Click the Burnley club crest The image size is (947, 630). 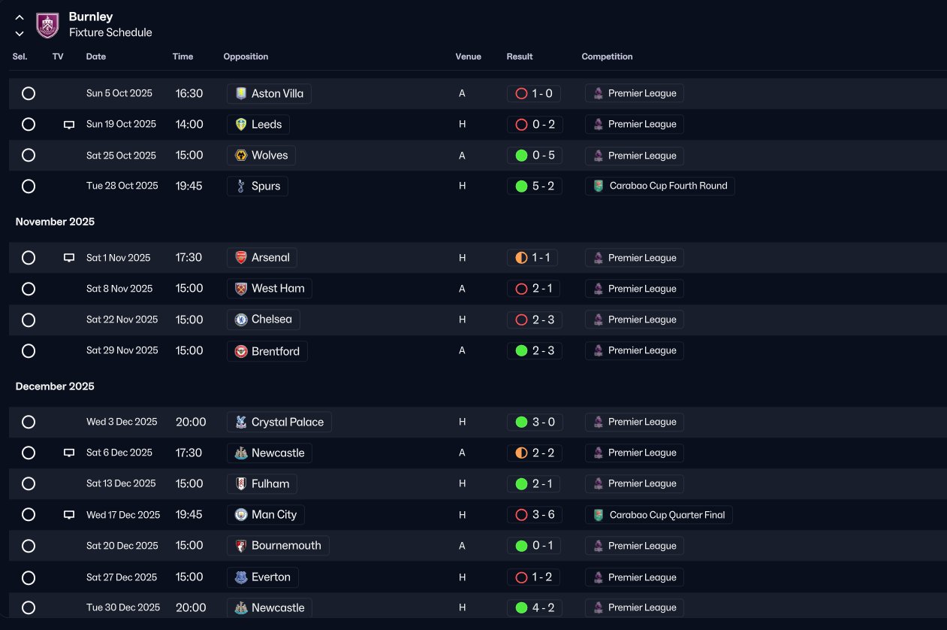click(x=47, y=25)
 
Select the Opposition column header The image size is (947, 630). click(x=246, y=56)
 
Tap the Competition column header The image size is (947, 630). click(x=607, y=56)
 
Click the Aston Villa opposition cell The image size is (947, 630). click(x=269, y=93)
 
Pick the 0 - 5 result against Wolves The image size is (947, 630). click(x=535, y=156)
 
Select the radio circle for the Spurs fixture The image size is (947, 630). click(x=29, y=186)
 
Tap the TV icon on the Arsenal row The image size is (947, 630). click(x=69, y=258)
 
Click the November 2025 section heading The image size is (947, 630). click(x=55, y=222)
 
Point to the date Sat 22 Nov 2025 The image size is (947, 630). click(x=122, y=320)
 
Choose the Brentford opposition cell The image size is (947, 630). click(x=267, y=351)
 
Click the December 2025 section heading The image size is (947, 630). click(x=55, y=386)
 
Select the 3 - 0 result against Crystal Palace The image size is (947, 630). click(x=535, y=422)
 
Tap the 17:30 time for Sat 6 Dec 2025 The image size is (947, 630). click(x=188, y=453)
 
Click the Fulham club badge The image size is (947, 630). click(x=241, y=483)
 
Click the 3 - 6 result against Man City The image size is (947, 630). click(x=535, y=514)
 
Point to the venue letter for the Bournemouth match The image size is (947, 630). click(x=462, y=546)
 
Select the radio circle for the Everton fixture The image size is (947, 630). click(x=29, y=577)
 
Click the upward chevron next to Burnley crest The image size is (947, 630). click(x=20, y=17)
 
